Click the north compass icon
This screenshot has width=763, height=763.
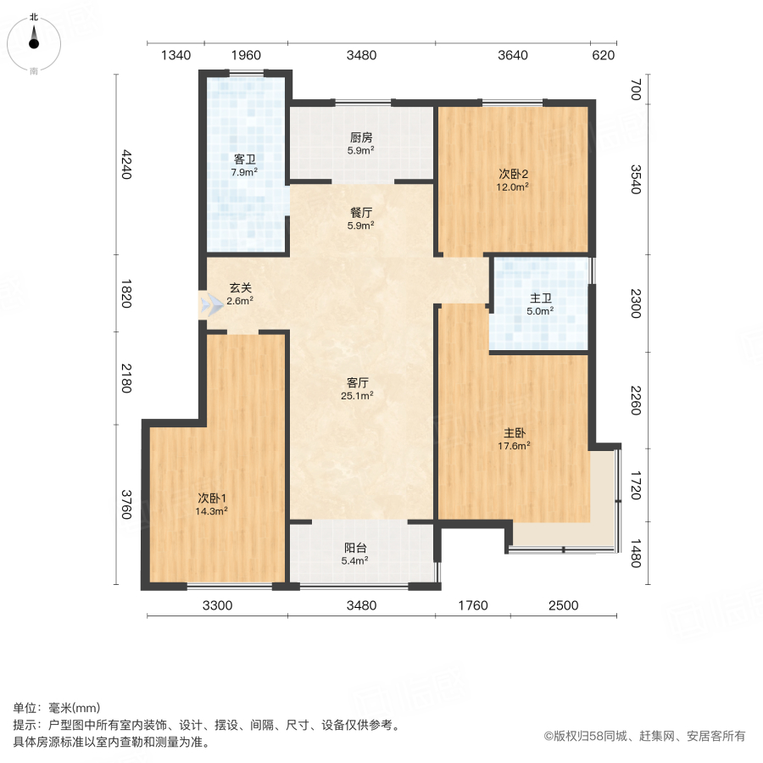point(34,42)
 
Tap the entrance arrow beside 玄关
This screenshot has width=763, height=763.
point(207,305)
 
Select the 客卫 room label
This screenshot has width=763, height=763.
point(245,159)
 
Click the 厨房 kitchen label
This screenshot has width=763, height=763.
point(361,137)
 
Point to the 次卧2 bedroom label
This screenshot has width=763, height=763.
point(513,174)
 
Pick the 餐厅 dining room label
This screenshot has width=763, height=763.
point(361,213)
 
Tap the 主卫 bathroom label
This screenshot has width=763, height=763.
point(541,298)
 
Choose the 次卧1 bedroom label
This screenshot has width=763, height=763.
point(212,498)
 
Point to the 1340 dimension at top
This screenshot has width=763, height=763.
point(175,56)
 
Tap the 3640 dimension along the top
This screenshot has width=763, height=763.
point(512,56)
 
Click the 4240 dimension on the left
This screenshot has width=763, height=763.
point(127,164)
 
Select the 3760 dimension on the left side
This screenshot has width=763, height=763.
point(127,504)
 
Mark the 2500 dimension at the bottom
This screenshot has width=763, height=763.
point(563,605)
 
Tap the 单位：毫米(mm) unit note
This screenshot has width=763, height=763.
point(57,709)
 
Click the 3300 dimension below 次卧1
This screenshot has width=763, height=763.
point(217,605)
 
